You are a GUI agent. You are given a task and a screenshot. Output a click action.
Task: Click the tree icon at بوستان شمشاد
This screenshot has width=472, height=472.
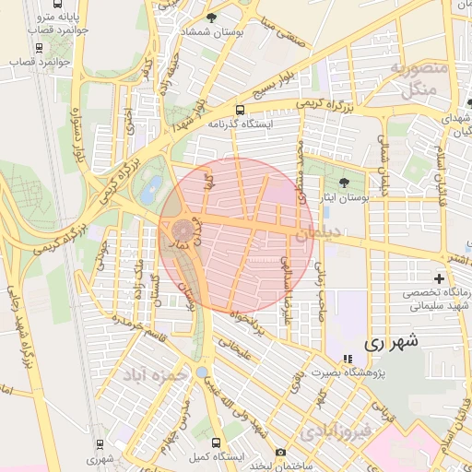point(212,18)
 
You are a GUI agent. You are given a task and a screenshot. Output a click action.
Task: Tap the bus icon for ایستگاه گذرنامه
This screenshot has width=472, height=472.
point(241,110)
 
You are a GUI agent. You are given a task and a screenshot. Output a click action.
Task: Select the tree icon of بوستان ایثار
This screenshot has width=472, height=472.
point(345,182)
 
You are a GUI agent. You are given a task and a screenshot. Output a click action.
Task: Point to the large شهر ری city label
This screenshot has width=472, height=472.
point(391,341)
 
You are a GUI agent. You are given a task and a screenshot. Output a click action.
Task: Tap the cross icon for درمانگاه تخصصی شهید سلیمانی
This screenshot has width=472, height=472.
point(439,277)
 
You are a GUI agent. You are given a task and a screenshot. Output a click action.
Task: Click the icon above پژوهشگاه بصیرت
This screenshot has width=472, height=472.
point(347,359)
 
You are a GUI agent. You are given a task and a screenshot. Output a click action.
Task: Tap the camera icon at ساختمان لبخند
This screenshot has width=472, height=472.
point(280,453)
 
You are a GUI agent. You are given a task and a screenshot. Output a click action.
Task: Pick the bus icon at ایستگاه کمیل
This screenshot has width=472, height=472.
point(217,442)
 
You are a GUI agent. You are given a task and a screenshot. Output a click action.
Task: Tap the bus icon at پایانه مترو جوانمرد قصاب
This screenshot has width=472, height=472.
point(39,47)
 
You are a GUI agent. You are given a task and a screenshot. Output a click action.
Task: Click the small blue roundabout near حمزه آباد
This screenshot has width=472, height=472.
point(201,371)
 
